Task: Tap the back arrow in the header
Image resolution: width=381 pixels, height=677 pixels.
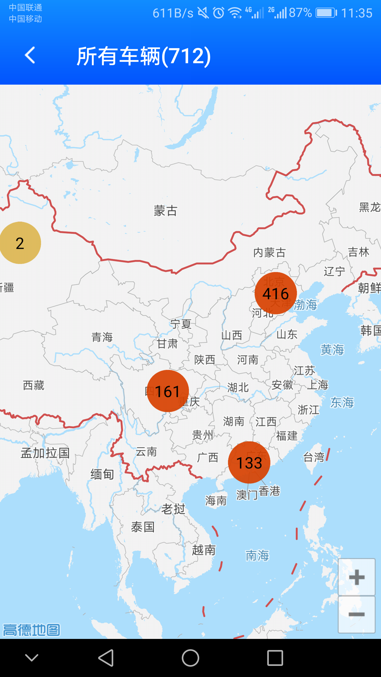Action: point(30,55)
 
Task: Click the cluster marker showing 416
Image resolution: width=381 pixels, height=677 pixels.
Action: point(275,293)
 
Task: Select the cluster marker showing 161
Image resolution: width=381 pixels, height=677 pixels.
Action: point(167,391)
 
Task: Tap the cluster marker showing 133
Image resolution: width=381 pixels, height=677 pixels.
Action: point(249,463)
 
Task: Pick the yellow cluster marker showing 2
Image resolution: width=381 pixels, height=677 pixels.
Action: point(20,243)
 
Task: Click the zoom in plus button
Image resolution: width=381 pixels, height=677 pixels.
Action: point(356,577)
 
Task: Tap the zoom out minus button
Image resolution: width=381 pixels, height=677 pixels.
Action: point(356,614)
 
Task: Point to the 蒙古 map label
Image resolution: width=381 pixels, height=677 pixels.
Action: point(165,211)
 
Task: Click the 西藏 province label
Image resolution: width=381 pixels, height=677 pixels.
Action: point(34,385)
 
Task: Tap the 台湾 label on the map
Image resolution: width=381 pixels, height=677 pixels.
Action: point(314,457)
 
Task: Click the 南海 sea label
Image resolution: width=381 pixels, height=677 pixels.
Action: point(257,555)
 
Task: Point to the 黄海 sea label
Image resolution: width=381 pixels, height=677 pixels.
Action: point(332,350)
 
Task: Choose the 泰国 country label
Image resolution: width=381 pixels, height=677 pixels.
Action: point(143,527)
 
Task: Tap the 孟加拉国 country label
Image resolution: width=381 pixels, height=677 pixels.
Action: point(45,453)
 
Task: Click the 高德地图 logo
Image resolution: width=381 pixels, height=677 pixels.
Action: point(31,630)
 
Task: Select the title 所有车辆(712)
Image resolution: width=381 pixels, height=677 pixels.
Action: point(144,56)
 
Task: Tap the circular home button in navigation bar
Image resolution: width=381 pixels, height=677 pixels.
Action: point(190,658)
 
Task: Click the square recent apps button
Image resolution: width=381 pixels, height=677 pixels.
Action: point(275,658)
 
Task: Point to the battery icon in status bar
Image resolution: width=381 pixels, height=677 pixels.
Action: point(326,13)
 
